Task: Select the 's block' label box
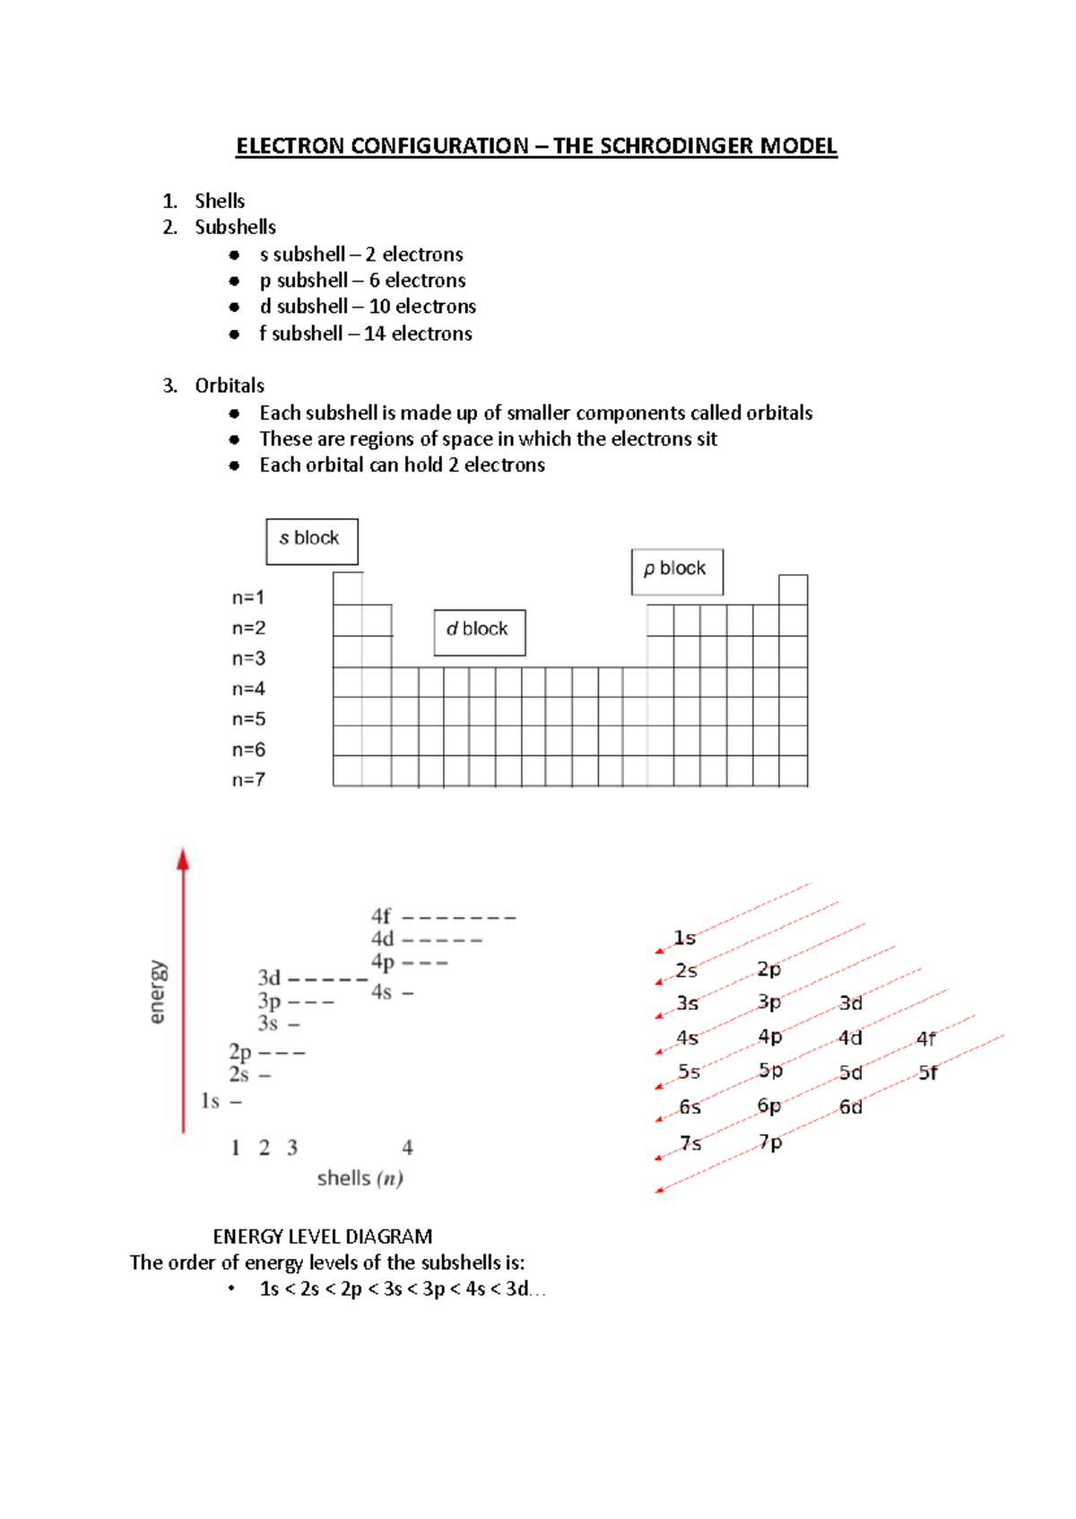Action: [x=311, y=541]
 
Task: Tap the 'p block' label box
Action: [x=676, y=571]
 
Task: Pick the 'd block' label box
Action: [x=479, y=631]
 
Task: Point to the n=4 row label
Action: [x=248, y=689]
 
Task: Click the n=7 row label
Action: [x=248, y=780]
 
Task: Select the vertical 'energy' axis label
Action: [x=157, y=991]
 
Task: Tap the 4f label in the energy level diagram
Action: [x=381, y=916]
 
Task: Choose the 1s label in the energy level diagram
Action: [x=210, y=1100]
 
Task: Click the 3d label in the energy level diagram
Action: [x=269, y=977]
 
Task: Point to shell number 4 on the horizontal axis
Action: [x=407, y=1148]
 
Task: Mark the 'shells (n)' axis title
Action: [x=360, y=1178]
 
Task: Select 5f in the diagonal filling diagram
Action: [x=928, y=1072]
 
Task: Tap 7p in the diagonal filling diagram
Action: [x=770, y=1142]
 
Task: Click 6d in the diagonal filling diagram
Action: [x=850, y=1107]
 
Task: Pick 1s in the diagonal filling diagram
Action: [x=684, y=938]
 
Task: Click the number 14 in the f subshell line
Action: [x=375, y=334]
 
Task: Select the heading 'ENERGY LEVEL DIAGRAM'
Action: [x=323, y=1237]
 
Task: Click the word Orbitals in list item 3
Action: [x=230, y=386]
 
